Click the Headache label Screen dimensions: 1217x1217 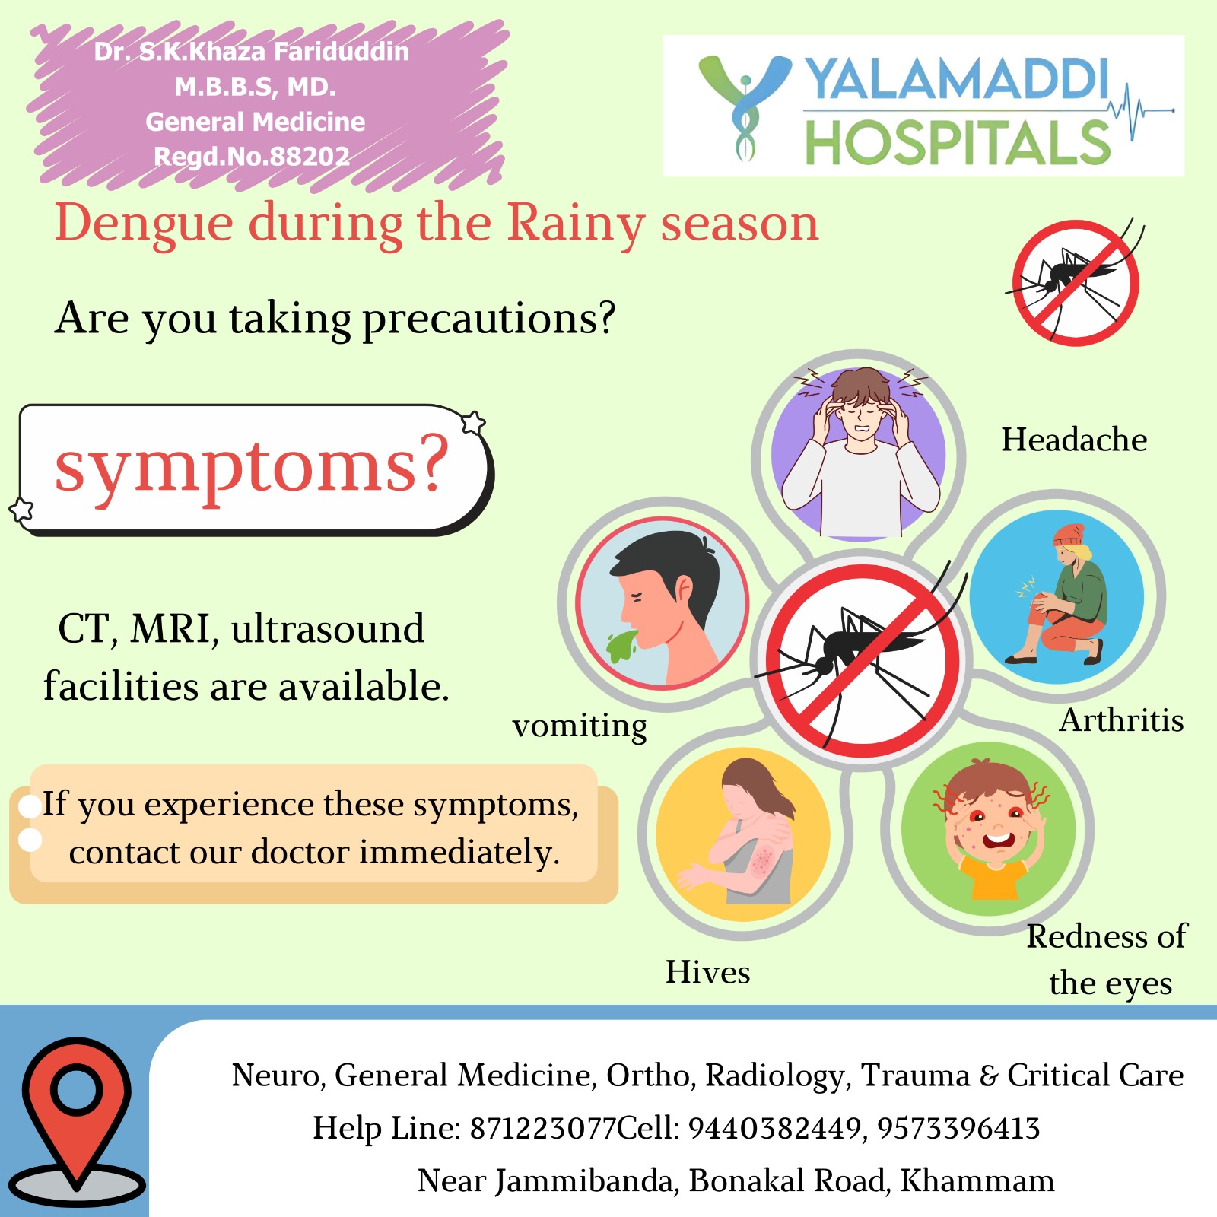[x=1074, y=440]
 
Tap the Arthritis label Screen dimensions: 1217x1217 [x=1122, y=720]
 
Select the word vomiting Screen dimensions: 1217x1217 [x=580, y=726]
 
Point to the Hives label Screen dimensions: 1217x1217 [x=707, y=972]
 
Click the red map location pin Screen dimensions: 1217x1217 [x=76, y=1111]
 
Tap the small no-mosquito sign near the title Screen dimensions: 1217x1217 [x=1076, y=282]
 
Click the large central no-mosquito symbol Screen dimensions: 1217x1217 [x=862, y=660]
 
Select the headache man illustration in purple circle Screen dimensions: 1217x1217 [x=859, y=453]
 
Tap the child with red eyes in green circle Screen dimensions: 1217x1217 [x=989, y=829]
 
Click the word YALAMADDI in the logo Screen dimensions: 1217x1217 [x=958, y=78]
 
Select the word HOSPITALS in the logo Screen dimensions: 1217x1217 [x=958, y=142]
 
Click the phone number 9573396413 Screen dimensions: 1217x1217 [x=958, y=1128]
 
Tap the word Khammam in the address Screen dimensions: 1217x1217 [x=977, y=1180]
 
